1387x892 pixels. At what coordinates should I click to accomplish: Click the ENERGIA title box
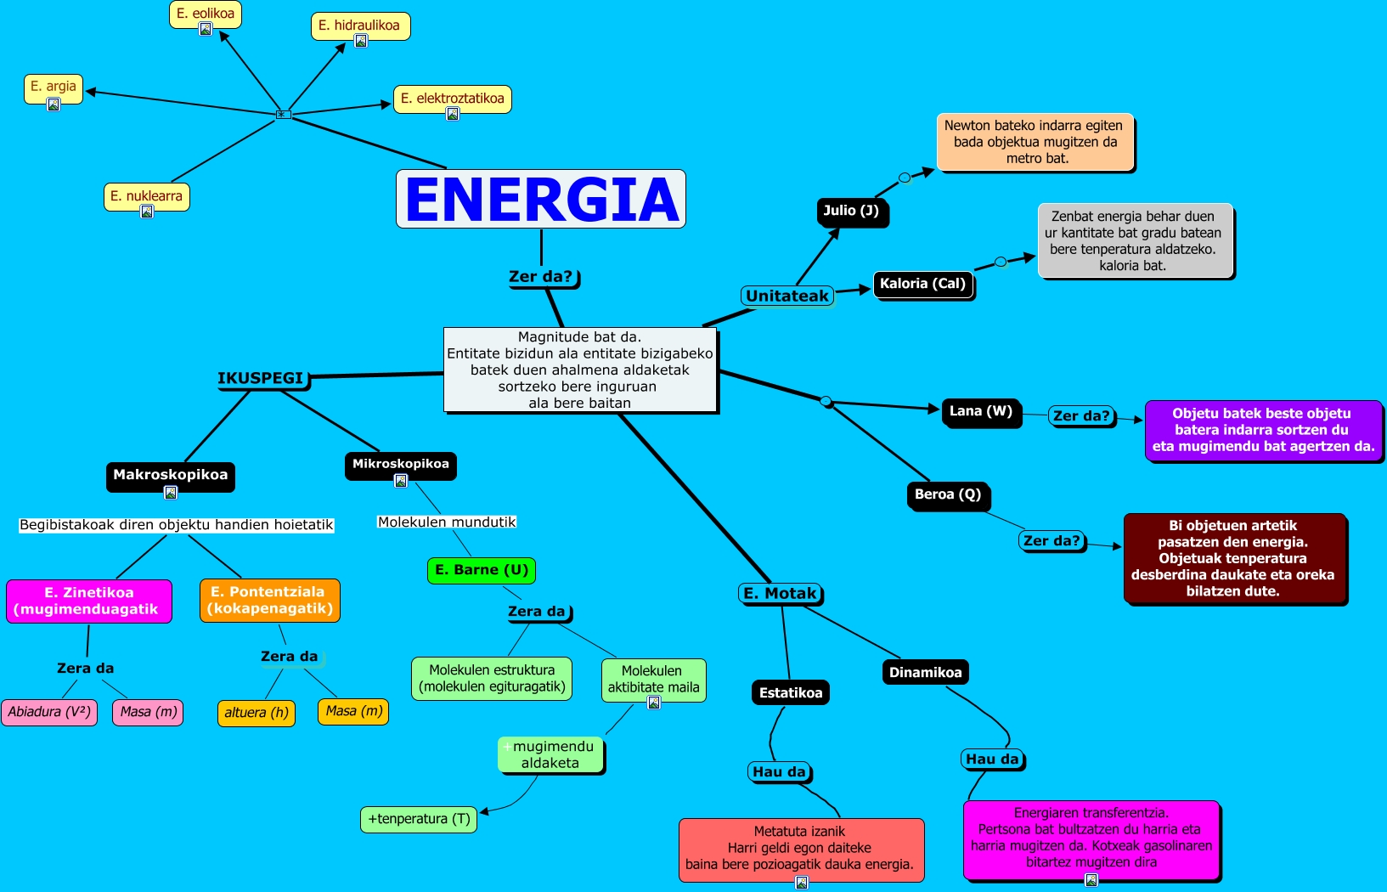point(541,199)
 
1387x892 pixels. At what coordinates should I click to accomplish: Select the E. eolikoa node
point(206,14)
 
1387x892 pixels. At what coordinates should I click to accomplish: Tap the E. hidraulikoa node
point(359,25)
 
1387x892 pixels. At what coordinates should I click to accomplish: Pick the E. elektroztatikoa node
point(452,99)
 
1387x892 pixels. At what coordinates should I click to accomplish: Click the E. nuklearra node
point(146,196)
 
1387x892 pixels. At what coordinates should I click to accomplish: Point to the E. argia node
point(54,87)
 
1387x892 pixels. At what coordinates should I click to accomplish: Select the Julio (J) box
point(851,211)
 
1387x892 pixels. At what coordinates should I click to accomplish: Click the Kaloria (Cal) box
point(922,284)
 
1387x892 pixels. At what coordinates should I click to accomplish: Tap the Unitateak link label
point(787,296)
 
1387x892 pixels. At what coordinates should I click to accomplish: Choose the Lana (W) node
point(980,411)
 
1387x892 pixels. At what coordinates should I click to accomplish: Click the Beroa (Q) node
point(948,494)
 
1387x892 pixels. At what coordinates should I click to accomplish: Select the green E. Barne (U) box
point(482,570)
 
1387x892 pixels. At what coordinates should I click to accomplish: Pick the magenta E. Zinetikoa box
point(89,601)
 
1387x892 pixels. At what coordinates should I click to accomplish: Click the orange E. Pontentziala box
point(269,600)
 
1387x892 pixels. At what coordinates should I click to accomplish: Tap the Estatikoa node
point(791,692)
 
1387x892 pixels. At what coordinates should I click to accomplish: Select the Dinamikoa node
point(925,672)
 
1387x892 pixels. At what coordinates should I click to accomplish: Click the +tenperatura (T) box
point(419,819)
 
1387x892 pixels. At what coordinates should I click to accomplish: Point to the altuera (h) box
point(257,713)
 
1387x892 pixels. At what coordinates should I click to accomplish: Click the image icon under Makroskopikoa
point(171,493)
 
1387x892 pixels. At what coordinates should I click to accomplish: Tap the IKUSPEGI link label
point(261,378)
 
